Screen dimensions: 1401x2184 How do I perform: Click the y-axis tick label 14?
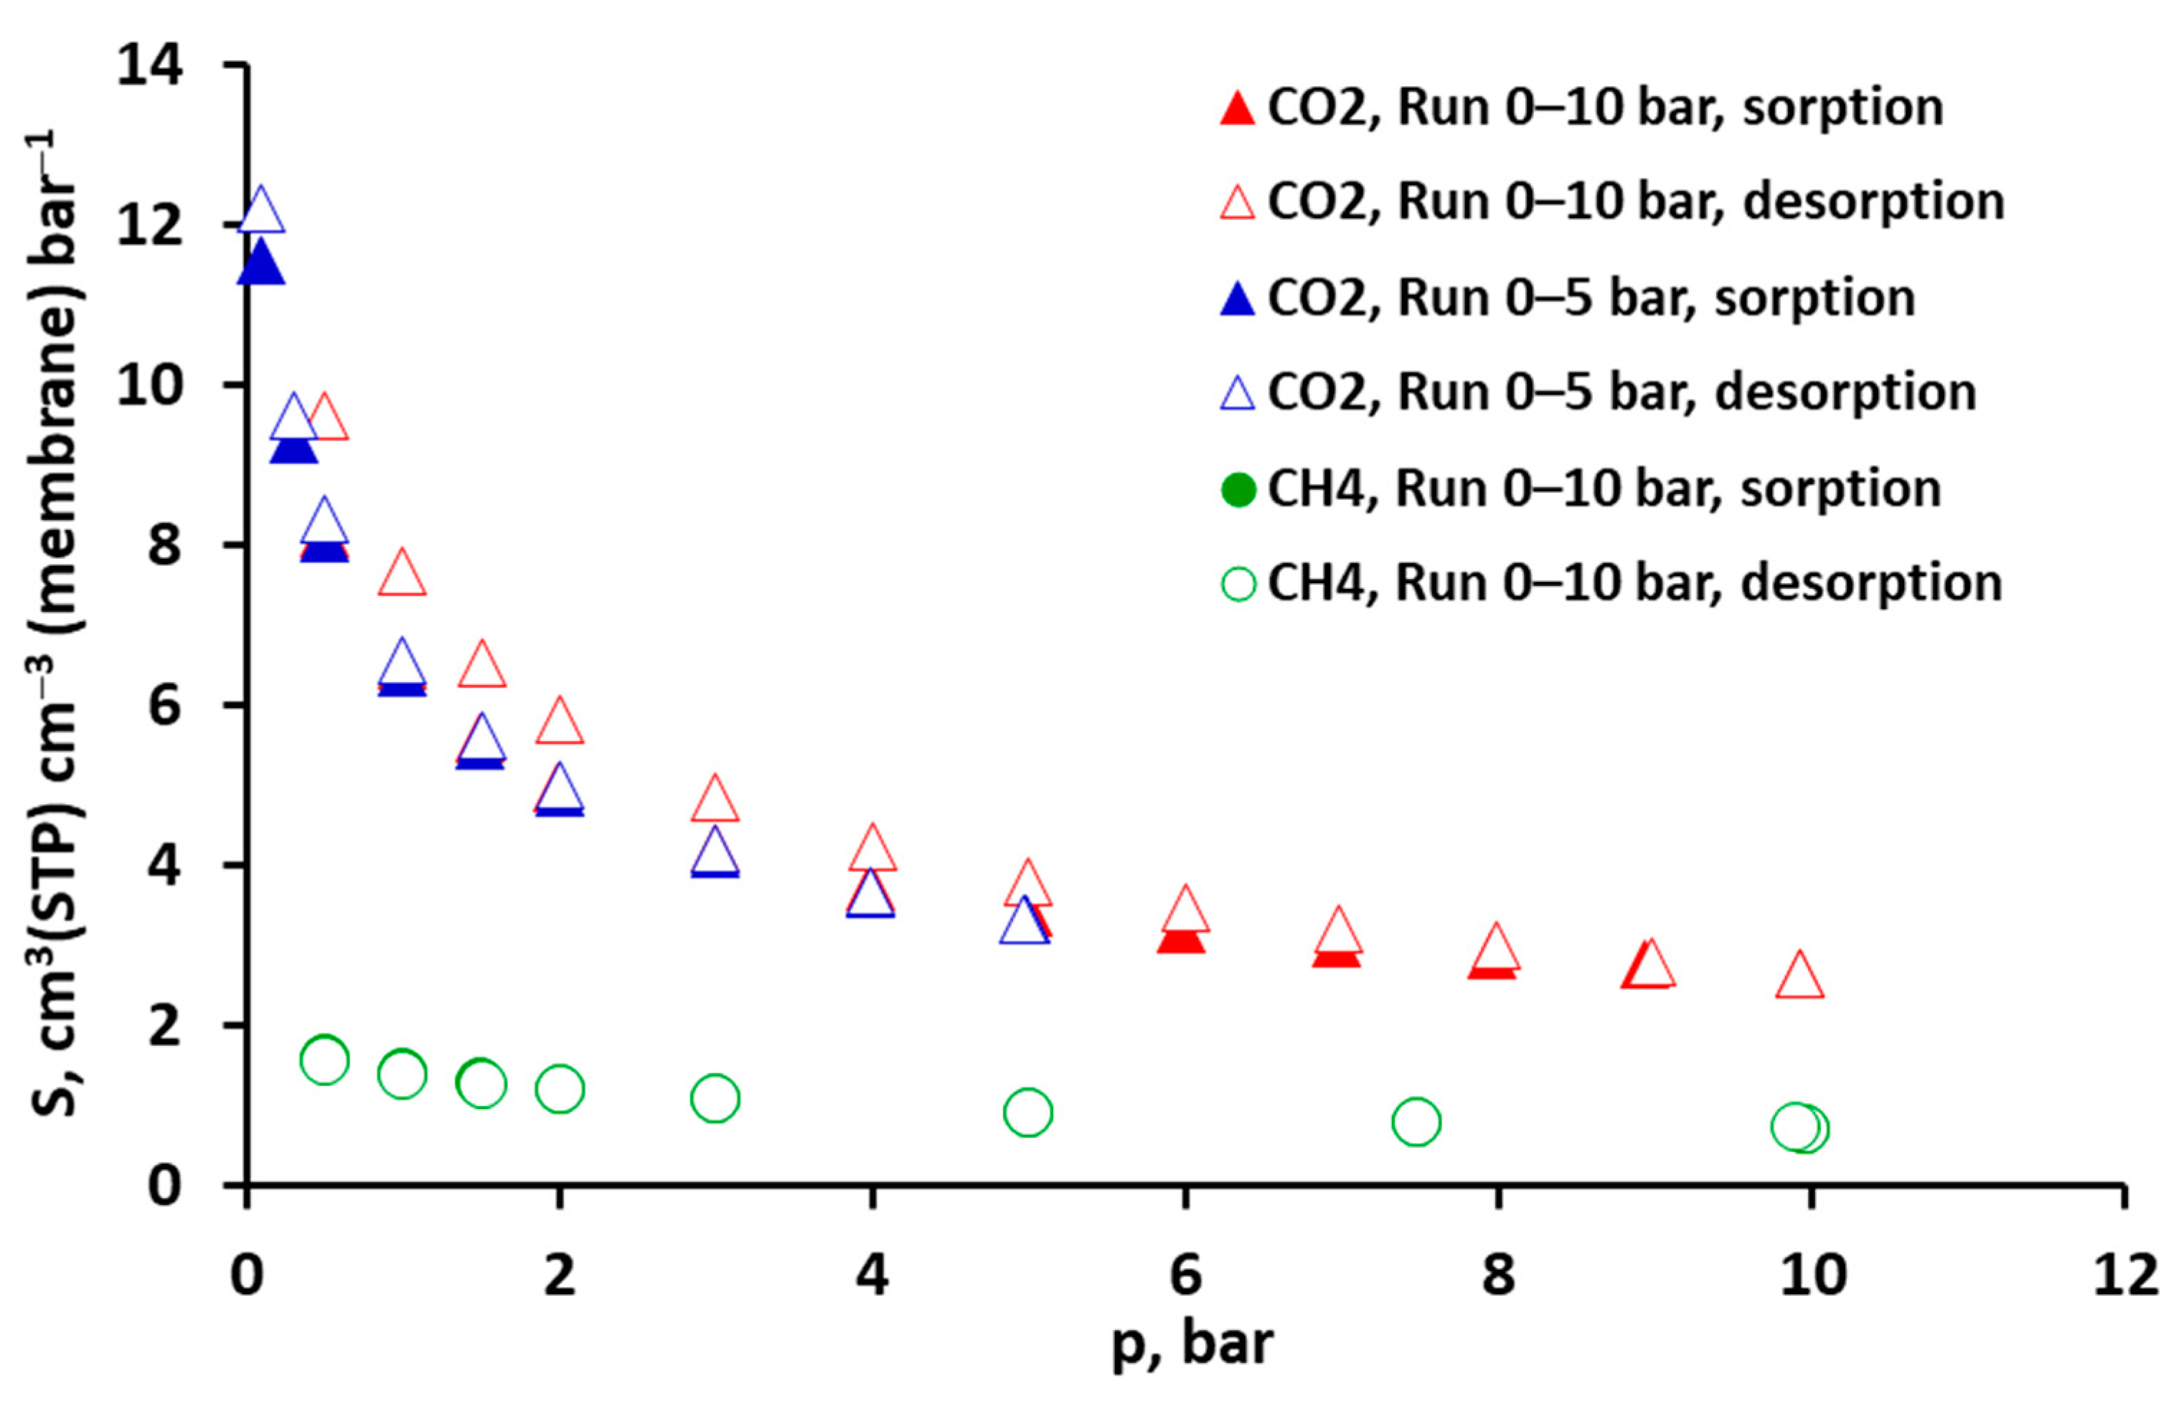pos(150,67)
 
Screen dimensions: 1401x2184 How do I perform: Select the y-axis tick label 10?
pos(150,386)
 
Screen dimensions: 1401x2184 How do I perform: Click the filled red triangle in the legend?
pos(1237,109)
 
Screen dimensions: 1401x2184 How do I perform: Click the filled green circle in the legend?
pos(1238,491)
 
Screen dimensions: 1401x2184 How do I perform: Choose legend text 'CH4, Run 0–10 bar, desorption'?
pos(1634,583)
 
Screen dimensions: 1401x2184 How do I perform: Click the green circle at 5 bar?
pos(1028,1112)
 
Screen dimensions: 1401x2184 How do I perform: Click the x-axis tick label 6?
pos(1185,1275)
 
